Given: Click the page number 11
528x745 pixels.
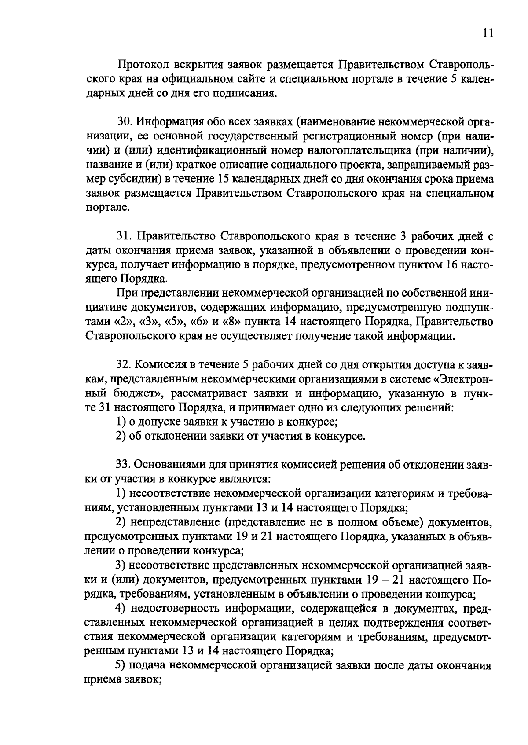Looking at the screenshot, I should pos(488,34).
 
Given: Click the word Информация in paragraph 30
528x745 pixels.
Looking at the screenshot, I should pos(171,121).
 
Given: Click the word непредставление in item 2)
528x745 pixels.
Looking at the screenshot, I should pos(173,522).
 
